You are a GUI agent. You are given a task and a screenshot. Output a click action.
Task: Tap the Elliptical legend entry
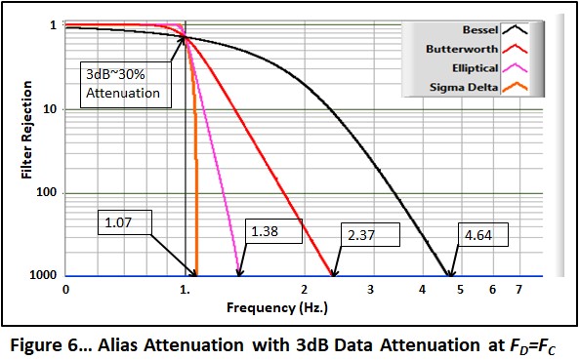[468, 68]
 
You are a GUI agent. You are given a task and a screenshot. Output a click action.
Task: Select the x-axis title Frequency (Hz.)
[273, 305]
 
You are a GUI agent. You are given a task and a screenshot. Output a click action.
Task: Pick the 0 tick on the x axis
[65, 290]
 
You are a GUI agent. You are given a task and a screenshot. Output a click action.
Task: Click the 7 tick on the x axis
[518, 290]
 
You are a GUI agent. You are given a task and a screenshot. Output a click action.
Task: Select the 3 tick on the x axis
[370, 290]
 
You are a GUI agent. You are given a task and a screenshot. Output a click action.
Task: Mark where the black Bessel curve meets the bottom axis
[451, 277]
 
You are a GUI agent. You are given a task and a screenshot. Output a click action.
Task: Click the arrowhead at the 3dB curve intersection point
[183, 38]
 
